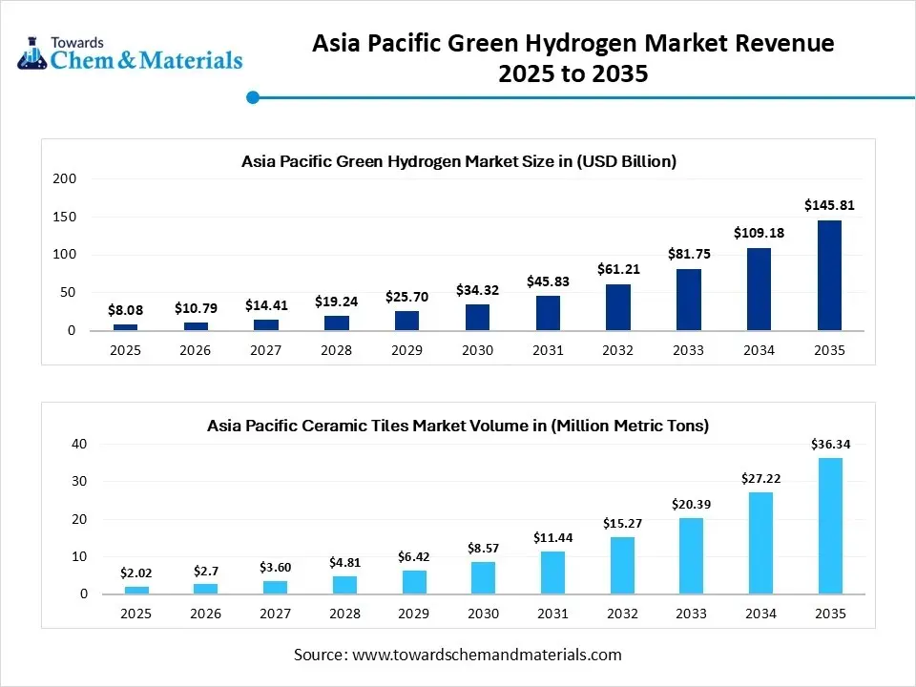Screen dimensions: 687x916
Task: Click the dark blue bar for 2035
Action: [x=829, y=276]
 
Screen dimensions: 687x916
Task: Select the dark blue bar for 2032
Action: [x=618, y=307]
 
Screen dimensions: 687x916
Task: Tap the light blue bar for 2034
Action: [x=760, y=543]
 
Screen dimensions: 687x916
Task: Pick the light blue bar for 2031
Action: [x=552, y=572]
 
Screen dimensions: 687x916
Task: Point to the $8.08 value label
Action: [x=125, y=309]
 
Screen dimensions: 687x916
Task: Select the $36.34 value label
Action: [x=829, y=444]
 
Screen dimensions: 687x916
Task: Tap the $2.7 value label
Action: [x=205, y=570]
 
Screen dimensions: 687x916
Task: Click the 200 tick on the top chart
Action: [x=65, y=178]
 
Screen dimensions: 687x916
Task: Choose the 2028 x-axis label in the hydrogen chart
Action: [x=336, y=350]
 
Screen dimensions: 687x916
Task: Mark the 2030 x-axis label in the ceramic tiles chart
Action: [x=483, y=614]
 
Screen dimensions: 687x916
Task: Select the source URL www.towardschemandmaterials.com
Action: [x=487, y=655]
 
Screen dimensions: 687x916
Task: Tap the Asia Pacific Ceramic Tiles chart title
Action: [x=458, y=426]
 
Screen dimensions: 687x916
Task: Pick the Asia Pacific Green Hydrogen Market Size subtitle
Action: [x=458, y=161]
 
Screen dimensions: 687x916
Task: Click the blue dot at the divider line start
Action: [x=253, y=97]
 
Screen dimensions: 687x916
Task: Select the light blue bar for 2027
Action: [x=276, y=587]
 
